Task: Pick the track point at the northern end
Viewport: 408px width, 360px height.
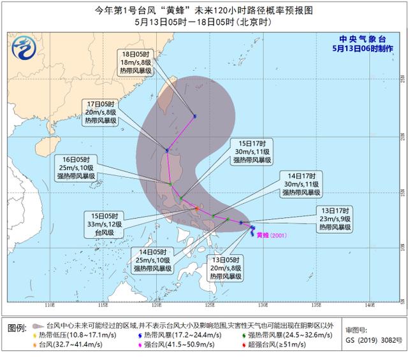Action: click(x=194, y=116)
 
